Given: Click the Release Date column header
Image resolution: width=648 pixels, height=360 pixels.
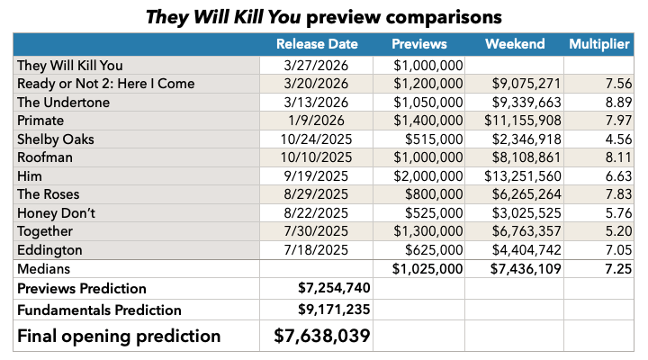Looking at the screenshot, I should (317, 44).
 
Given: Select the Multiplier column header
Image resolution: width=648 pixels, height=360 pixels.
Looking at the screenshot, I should (599, 44).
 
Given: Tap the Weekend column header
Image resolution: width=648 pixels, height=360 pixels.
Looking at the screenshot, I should (514, 44).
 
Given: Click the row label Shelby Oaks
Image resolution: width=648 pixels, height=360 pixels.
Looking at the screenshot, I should (55, 139).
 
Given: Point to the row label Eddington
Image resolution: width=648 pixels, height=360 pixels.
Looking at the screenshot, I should (50, 249).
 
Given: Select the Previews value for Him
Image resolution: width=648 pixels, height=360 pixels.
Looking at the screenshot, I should (428, 175).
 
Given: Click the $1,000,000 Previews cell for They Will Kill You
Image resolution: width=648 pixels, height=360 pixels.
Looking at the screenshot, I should (428, 65).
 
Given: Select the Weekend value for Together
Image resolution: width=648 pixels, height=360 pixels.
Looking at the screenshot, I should (513, 231).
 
